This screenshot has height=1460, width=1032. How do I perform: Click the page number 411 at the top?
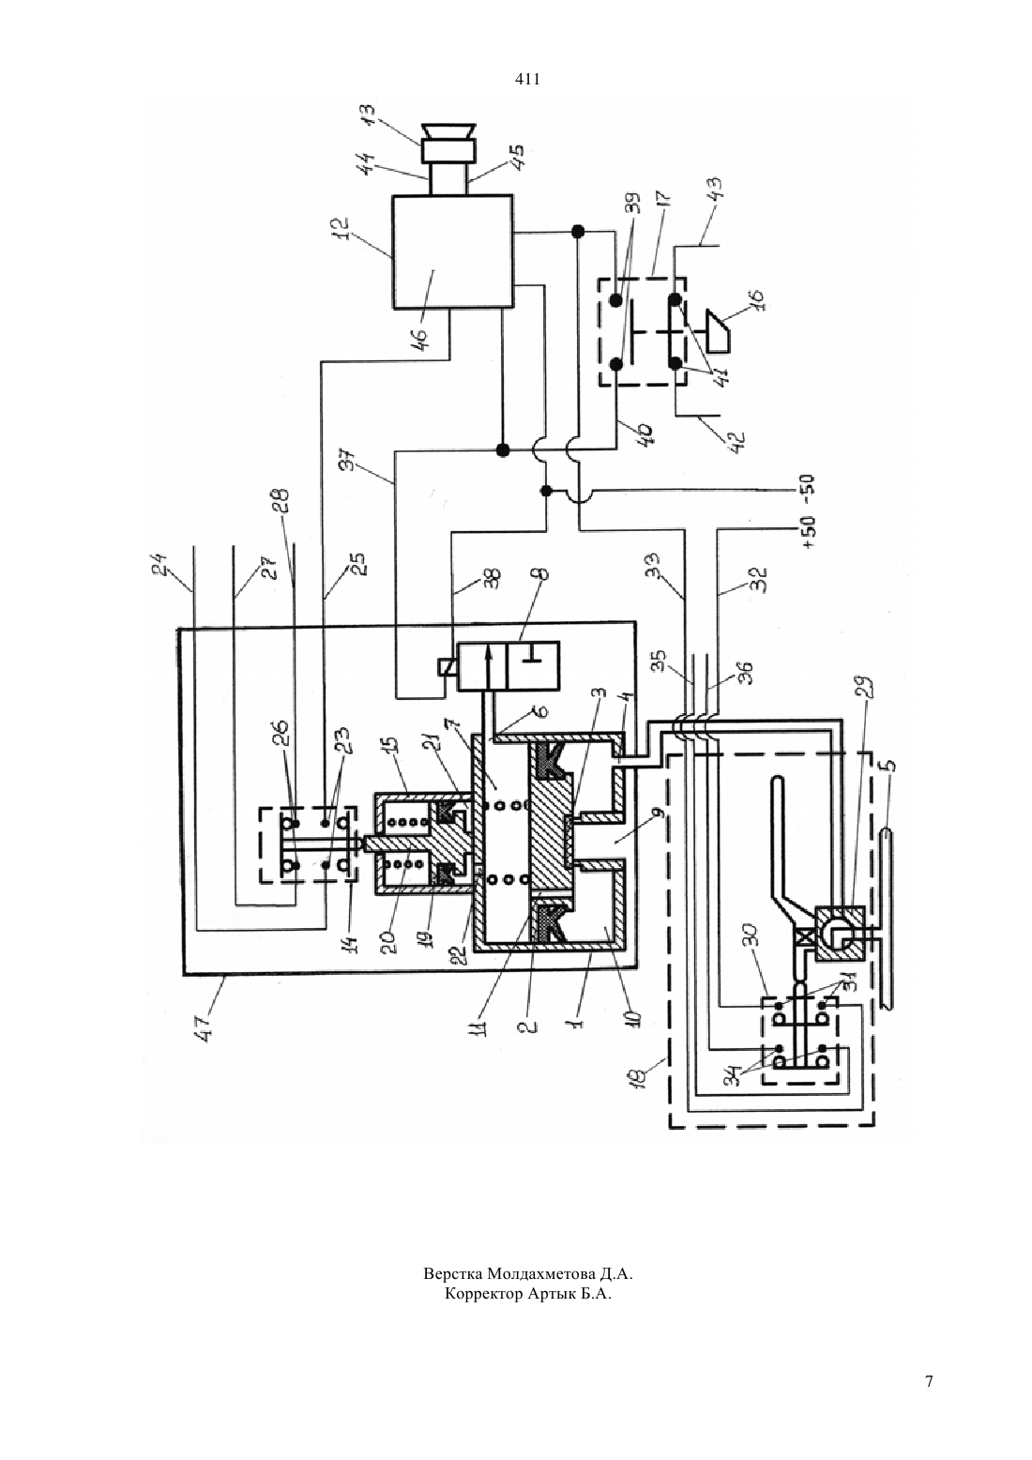click(x=527, y=80)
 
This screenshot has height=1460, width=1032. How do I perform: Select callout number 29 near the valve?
click(x=867, y=694)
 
